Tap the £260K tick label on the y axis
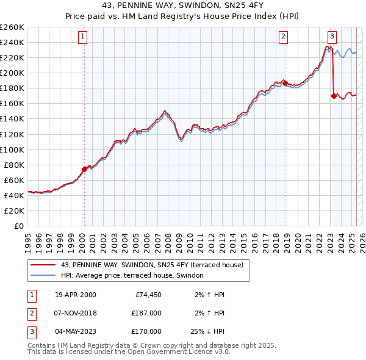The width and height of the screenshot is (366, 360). [x=12, y=27]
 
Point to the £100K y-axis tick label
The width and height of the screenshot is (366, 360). [x=12, y=149]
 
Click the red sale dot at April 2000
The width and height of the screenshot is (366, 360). [x=84, y=169]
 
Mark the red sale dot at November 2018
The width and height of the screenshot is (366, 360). [x=285, y=83]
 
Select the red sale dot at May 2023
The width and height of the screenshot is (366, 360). [x=333, y=96]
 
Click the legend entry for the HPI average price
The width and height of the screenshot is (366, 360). [x=135, y=275]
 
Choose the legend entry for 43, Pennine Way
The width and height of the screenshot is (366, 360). [x=152, y=265]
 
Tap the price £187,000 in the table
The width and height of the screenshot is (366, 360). [x=146, y=313]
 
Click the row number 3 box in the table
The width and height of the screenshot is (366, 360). [x=31, y=331]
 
